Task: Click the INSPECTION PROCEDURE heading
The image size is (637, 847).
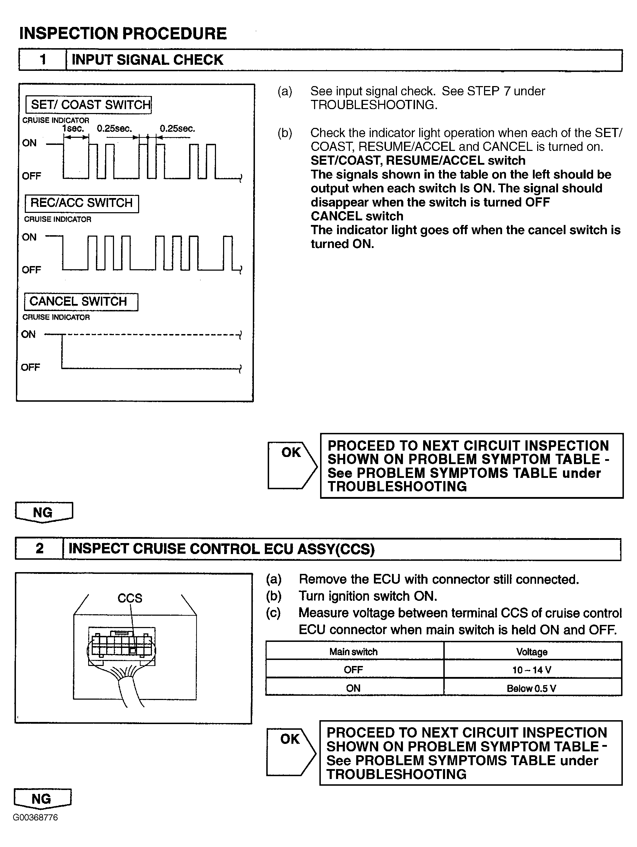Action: pos(123,34)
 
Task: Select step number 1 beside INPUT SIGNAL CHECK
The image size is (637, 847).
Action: pos(42,60)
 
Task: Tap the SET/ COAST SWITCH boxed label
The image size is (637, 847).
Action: pos(89,105)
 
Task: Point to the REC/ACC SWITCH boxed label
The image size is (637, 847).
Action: pos(81,203)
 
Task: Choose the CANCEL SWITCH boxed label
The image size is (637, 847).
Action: pos(81,301)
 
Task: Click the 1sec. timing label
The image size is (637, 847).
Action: pos(73,129)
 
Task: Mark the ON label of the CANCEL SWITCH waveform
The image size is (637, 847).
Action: pos(28,334)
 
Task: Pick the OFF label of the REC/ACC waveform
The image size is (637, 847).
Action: pos(32,270)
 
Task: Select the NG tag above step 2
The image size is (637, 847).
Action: pos(43,512)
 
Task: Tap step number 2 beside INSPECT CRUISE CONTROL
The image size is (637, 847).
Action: pos(39,549)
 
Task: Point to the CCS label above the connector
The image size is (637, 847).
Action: pos(130,598)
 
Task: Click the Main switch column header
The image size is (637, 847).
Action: pos(354,652)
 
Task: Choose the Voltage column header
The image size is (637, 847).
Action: pos(532,652)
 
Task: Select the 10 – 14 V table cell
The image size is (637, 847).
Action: pos(532,670)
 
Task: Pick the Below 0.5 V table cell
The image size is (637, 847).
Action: pos(532,688)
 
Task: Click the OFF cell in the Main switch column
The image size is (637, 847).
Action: pos(354,670)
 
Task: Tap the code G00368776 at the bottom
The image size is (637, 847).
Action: pos(36,818)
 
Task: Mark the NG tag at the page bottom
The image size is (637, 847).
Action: pos(42,799)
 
